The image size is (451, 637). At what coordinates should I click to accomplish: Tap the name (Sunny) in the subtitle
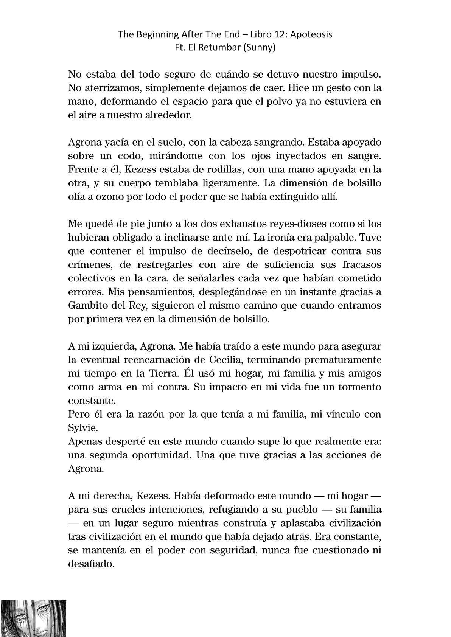pos(260,48)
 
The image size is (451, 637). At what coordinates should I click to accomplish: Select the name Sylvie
pos(82,427)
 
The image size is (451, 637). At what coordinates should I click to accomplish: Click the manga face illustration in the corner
pos(33,618)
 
